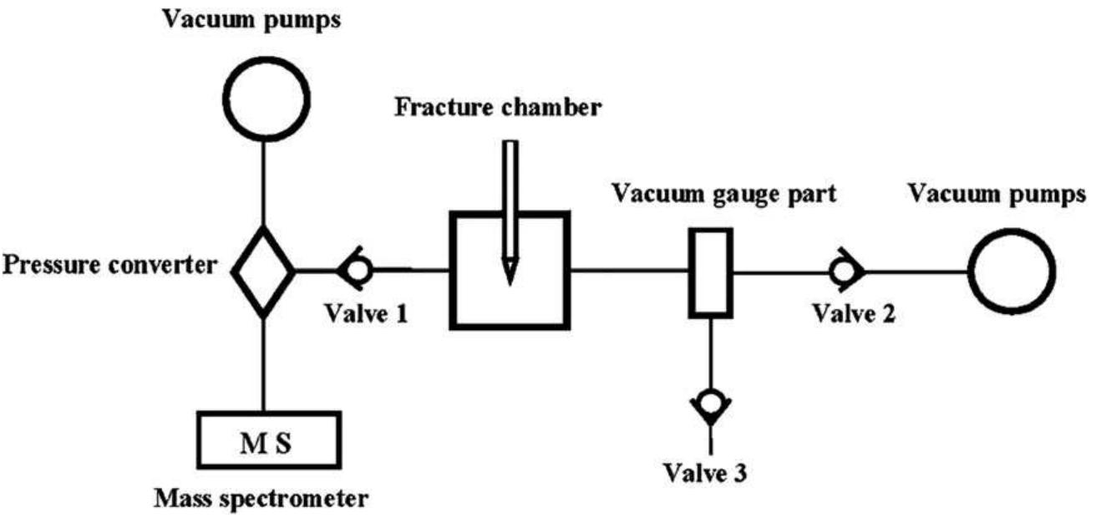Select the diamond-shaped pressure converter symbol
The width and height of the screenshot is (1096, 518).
pos(263,271)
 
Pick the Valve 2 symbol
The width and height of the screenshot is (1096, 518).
pos(845,271)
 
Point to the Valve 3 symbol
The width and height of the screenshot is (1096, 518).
pos(711,404)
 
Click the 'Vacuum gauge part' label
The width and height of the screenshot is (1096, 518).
pos(725,195)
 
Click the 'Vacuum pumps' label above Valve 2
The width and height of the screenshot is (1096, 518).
pos(997,195)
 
